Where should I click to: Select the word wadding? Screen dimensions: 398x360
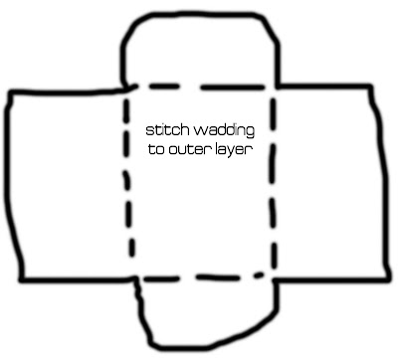[x=224, y=130]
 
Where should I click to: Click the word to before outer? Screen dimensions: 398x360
[x=156, y=149]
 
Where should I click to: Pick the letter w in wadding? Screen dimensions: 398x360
[x=200, y=131]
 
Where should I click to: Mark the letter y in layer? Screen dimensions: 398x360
[x=231, y=152]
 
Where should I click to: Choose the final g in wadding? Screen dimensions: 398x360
[x=251, y=132]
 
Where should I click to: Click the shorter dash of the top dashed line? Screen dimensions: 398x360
[x=164, y=87]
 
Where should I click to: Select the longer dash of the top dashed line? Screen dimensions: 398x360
[x=233, y=88]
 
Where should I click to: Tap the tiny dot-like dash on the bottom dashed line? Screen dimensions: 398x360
[x=258, y=274]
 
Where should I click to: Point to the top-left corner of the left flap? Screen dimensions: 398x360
[x=11, y=92]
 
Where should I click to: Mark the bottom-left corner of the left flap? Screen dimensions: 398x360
[x=21, y=279]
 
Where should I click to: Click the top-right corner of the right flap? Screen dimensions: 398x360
[x=370, y=87]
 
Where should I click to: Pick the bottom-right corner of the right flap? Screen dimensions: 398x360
[x=386, y=279]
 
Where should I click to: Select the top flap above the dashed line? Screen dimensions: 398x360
[x=200, y=50]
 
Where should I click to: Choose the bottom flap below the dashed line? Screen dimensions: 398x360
[x=207, y=311]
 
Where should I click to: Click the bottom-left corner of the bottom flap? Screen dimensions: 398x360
[x=152, y=343]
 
